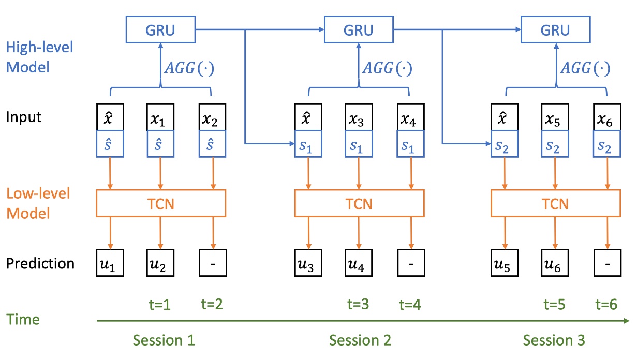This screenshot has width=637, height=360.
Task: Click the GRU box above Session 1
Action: (x=160, y=29)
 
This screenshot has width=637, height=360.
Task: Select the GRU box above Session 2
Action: (x=359, y=29)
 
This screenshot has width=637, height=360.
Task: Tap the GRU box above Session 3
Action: (x=555, y=29)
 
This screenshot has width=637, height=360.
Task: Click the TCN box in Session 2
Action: (x=359, y=203)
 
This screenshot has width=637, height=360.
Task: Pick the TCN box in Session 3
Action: (x=555, y=203)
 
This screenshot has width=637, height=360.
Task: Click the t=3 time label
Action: (x=358, y=305)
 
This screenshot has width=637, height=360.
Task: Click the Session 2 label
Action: (x=360, y=340)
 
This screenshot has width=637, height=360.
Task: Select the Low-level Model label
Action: (x=39, y=203)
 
